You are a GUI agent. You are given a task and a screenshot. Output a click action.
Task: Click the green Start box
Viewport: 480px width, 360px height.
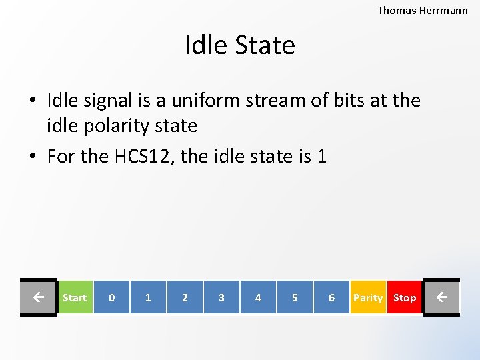pos(75,297)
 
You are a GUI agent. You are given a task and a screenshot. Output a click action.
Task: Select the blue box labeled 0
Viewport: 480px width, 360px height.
pos(111,297)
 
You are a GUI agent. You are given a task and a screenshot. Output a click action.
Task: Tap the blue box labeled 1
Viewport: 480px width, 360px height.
pos(148,297)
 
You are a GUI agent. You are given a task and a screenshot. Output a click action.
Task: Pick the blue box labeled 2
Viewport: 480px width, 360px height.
pos(185,297)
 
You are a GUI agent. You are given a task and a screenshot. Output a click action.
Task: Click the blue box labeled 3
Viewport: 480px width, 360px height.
pos(221,297)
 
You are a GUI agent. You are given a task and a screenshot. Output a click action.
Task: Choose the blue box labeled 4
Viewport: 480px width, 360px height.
pos(258,297)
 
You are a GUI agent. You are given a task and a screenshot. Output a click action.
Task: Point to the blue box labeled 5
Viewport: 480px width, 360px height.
pos(295,297)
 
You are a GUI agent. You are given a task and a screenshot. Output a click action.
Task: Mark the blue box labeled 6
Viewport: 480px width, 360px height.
pos(331,297)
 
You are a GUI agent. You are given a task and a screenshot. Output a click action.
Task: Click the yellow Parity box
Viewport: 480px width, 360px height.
pos(368,297)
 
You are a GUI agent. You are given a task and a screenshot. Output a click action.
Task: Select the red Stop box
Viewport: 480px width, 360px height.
pos(405,297)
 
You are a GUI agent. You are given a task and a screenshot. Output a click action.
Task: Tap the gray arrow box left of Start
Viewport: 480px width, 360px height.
pos(38,297)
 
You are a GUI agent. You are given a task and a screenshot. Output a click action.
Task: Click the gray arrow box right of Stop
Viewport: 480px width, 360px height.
pos(441,297)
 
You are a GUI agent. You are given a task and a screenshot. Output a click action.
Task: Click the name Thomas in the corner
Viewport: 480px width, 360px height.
pos(397,10)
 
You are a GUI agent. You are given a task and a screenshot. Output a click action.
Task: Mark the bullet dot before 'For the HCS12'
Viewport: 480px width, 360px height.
pos(33,157)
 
